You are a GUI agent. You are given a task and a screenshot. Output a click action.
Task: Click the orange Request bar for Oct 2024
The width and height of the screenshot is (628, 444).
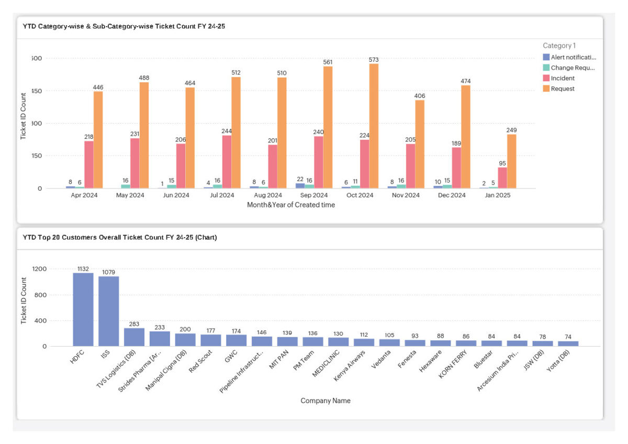click(x=374, y=126)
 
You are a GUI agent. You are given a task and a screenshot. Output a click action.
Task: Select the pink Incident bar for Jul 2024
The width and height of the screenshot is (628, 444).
click(x=227, y=162)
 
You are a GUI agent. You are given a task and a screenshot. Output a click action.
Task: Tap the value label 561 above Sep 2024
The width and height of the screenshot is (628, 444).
click(x=328, y=62)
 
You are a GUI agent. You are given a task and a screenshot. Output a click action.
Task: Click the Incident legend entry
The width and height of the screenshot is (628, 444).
click(x=563, y=78)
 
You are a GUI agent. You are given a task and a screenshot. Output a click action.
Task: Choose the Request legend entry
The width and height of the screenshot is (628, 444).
click(x=563, y=88)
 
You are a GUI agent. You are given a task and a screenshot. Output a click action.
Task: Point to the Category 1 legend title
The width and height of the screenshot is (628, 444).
click(x=559, y=46)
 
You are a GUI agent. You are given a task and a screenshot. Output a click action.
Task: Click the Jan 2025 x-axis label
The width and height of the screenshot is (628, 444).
click(x=498, y=195)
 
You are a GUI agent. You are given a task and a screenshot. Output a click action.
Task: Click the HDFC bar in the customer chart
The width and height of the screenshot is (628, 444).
click(x=83, y=309)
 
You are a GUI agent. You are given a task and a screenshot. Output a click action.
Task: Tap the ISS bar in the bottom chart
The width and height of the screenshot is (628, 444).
click(x=109, y=311)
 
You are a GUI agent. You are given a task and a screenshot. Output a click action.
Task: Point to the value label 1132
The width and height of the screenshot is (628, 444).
click(x=83, y=269)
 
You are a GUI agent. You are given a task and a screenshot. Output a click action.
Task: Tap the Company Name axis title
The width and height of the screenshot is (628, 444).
click(x=325, y=401)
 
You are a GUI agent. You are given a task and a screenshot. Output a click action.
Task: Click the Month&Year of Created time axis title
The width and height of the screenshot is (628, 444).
click(x=291, y=205)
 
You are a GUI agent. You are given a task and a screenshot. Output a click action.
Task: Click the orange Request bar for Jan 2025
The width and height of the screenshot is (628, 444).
click(x=511, y=161)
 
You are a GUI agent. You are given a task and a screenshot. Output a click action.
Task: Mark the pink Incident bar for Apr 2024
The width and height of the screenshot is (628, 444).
click(x=89, y=164)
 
